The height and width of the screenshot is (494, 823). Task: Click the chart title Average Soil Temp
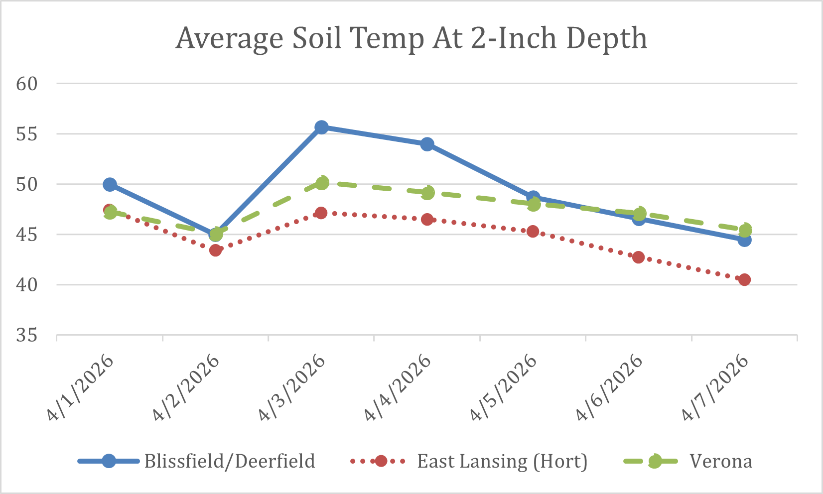[x=411, y=38]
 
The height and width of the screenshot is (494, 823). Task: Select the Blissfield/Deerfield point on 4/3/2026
[x=321, y=127]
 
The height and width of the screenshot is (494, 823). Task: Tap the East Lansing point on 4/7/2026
[x=744, y=279]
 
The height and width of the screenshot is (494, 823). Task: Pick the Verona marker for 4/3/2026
[x=322, y=183]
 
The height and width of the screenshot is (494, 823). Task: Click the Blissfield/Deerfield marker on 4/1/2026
[x=110, y=185]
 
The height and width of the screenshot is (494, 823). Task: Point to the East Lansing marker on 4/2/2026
[x=215, y=250]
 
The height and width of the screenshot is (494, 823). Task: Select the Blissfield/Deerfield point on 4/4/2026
[x=427, y=144]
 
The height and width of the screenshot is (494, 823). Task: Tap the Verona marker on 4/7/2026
[x=745, y=230]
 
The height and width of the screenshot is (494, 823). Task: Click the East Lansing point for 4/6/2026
[x=638, y=257]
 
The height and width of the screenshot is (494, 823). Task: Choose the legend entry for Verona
[x=720, y=461]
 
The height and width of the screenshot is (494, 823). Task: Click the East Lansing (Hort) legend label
[x=502, y=461]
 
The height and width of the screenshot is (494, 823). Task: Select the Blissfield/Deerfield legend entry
[x=229, y=461]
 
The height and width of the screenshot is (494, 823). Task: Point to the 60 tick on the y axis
[x=27, y=84]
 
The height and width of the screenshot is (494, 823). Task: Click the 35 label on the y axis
[x=27, y=336]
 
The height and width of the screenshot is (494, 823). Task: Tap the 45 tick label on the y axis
[x=27, y=235]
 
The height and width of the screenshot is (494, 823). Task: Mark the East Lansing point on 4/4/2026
[x=427, y=219]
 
